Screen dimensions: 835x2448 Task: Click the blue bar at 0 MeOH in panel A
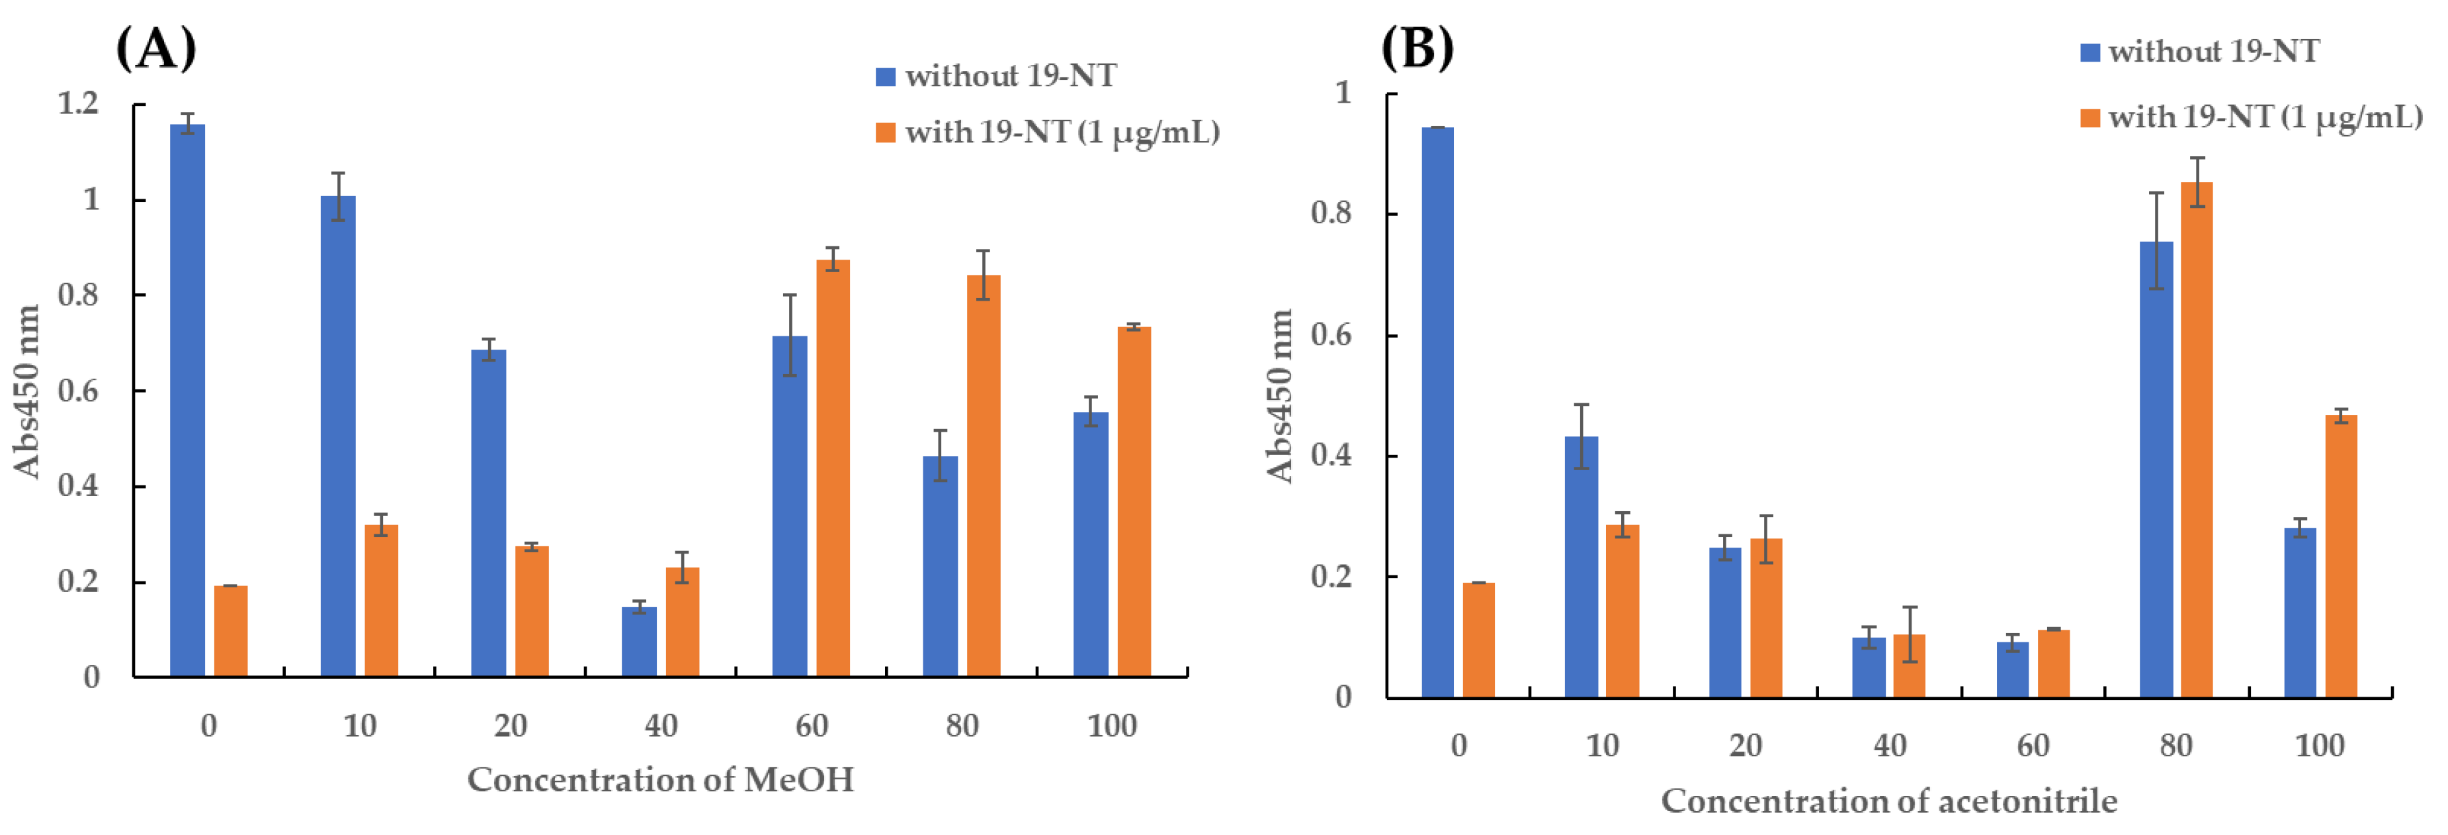pyautogui.click(x=187, y=399)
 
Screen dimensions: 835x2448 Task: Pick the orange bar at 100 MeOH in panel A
pyautogui.click(x=1134, y=501)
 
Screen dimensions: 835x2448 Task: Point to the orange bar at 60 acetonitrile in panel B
pyautogui.click(x=2052, y=663)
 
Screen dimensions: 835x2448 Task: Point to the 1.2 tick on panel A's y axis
pyautogui.click(x=78, y=103)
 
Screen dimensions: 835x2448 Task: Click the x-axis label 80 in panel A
pyautogui.click(x=962, y=726)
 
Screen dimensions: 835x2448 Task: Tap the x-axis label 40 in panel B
pyautogui.click(x=1889, y=745)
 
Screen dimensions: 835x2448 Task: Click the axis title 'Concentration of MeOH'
pyautogui.click(x=661, y=780)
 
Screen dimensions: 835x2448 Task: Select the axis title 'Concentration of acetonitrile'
pyautogui.click(x=1888, y=801)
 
